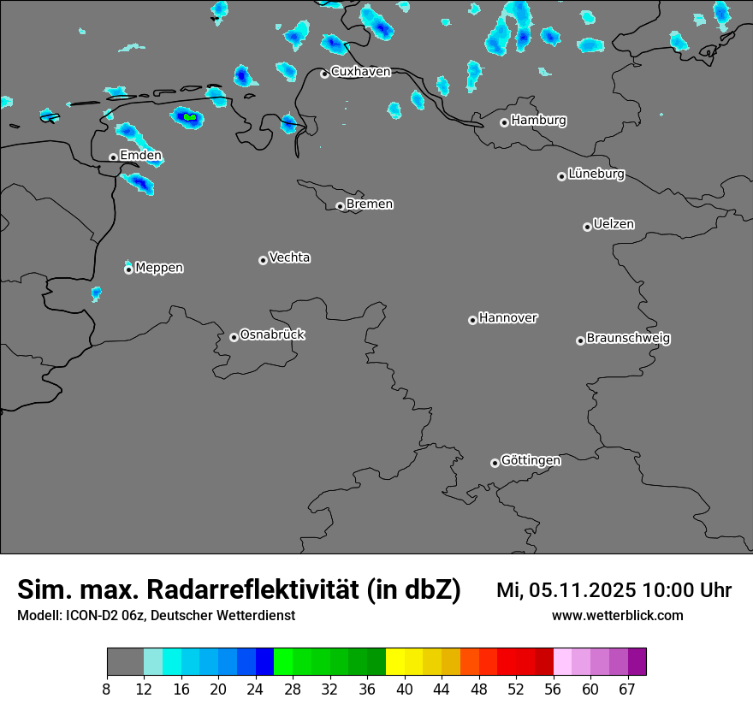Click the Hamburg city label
coord(538,121)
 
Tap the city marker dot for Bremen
coord(340,206)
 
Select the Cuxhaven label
coord(360,72)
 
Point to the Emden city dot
coord(113,157)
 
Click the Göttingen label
coord(531,461)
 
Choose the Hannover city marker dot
coord(472,321)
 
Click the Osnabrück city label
coord(272,335)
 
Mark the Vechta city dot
coord(263,260)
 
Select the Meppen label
coord(159,269)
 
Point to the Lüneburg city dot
coord(561,176)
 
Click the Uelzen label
coord(614,225)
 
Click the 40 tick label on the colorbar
coord(405,689)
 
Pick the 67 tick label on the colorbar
coord(627,689)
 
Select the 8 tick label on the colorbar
coord(107,689)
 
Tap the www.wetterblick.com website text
coord(617,616)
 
